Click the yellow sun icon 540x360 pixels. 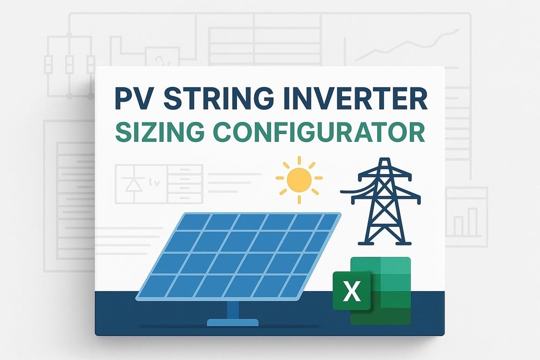tap(299, 179)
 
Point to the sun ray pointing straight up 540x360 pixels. tap(299, 161)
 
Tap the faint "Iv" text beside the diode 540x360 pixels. tap(152, 176)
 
